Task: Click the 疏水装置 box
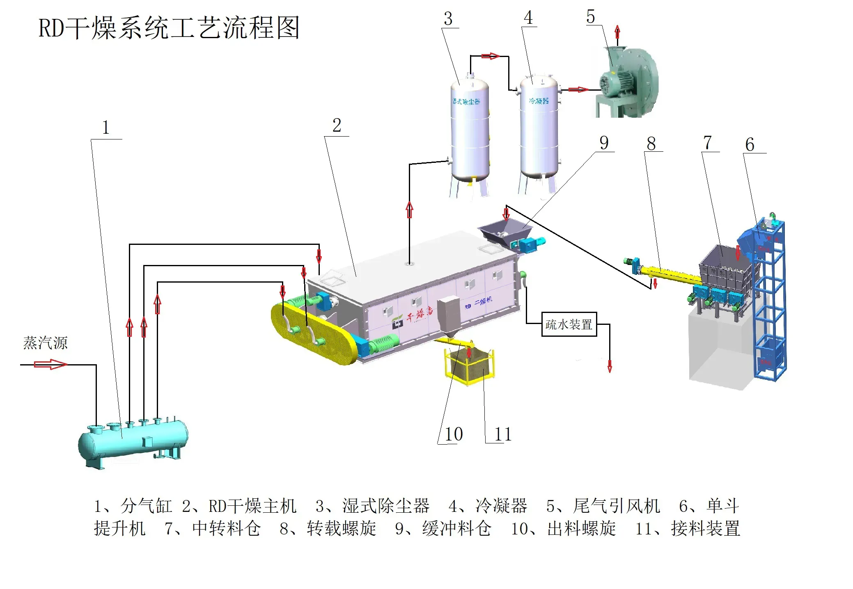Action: coord(569,324)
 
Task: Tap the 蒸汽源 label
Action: coord(45,343)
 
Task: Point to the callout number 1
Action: coord(106,128)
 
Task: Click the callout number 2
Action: coord(337,126)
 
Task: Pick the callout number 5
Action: coord(591,17)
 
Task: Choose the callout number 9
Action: coord(604,143)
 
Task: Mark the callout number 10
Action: coord(454,434)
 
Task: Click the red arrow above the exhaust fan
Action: coord(617,32)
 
